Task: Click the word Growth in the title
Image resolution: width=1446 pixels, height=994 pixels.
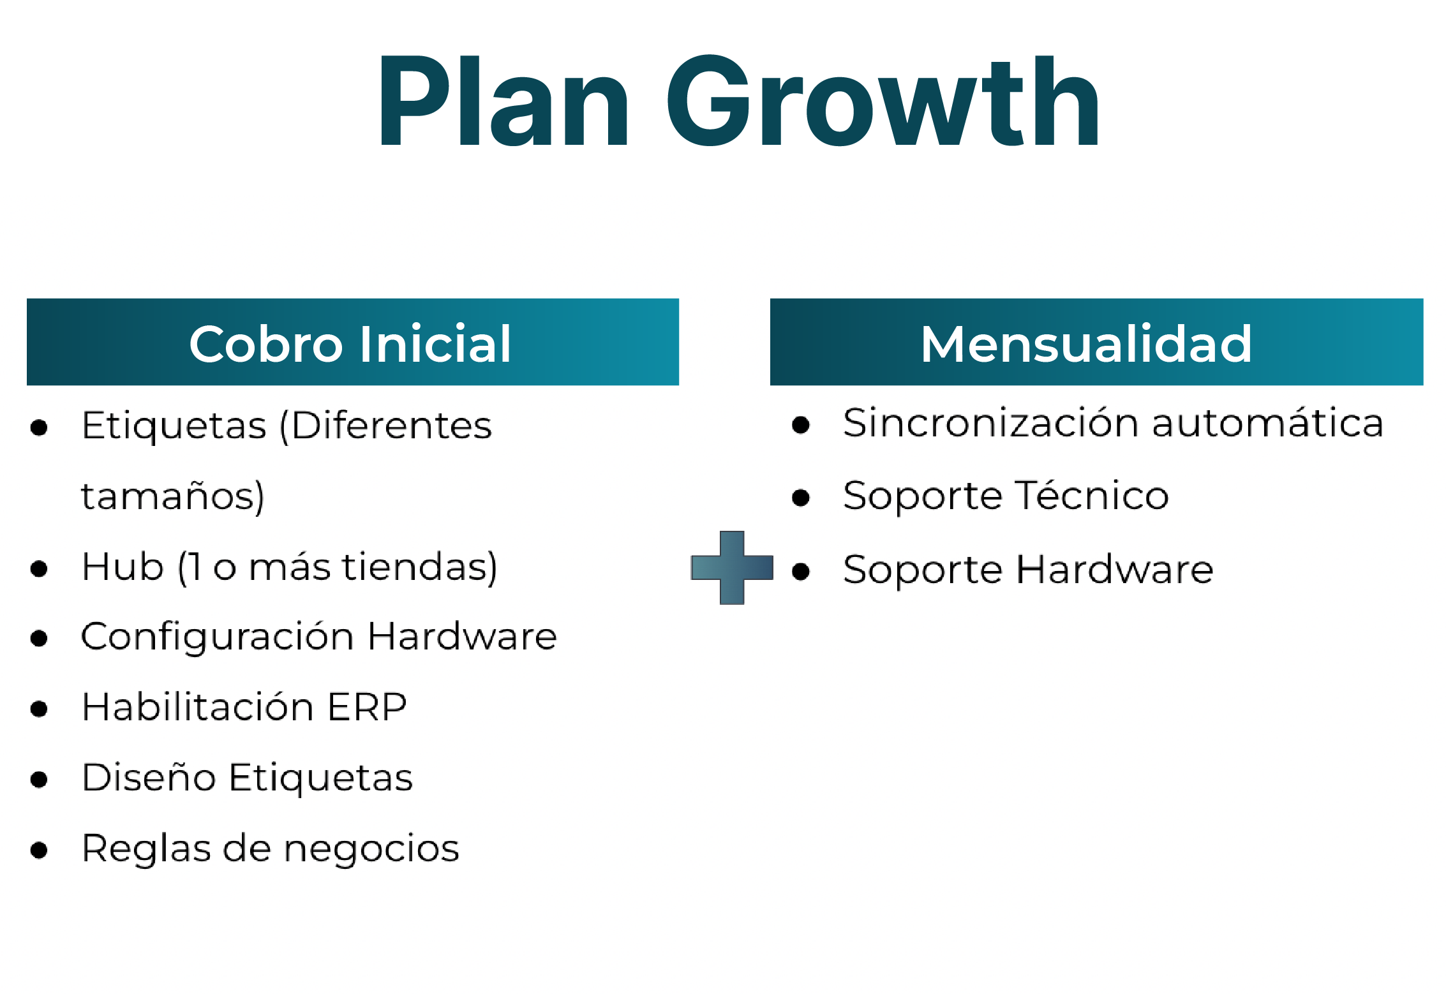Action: click(x=883, y=100)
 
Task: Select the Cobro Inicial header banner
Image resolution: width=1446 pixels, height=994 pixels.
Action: click(x=353, y=342)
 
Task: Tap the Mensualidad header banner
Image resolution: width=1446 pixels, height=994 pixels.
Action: click(x=1096, y=342)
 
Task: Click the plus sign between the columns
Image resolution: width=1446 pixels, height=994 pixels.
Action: click(x=732, y=567)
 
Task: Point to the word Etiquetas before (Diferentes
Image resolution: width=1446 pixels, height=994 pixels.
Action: click(x=174, y=426)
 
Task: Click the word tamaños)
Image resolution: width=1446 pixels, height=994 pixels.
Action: click(x=173, y=496)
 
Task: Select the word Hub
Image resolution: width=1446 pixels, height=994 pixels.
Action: click(x=123, y=567)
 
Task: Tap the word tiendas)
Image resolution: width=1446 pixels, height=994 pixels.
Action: click(x=420, y=567)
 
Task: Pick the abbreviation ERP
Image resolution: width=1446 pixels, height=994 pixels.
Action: click(x=367, y=707)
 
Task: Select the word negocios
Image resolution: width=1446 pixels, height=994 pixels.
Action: click(x=371, y=850)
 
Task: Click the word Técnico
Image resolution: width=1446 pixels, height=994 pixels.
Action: click(x=1092, y=495)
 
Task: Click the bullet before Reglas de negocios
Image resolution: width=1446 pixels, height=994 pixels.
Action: click(x=39, y=850)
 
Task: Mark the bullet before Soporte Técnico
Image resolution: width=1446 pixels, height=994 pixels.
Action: click(x=801, y=497)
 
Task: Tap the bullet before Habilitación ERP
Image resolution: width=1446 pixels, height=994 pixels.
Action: click(x=39, y=709)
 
